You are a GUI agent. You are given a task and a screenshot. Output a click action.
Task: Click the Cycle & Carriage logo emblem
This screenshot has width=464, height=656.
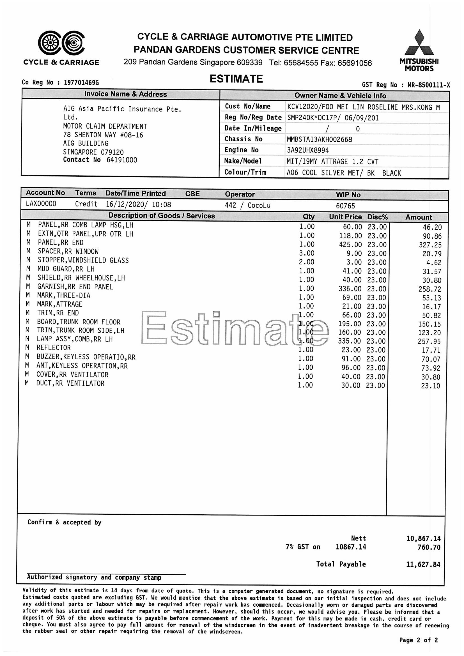click(61, 43)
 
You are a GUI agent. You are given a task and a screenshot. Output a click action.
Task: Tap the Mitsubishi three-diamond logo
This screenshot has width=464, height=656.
click(419, 43)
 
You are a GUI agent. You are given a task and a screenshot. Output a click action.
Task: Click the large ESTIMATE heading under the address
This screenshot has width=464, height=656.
click(236, 79)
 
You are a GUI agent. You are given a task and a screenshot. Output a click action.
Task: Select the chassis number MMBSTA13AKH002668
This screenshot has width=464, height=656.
click(319, 139)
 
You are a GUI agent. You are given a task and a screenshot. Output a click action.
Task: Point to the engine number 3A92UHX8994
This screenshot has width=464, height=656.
click(308, 150)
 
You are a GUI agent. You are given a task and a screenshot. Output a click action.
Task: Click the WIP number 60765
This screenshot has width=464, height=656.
click(345, 206)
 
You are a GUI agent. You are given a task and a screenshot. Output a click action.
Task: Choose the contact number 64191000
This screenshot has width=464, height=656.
click(122, 160)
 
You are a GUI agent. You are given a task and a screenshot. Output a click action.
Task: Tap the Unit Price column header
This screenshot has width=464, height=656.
click(345, 217)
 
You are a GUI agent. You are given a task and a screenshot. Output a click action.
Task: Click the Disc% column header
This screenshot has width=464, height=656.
click(377, 217)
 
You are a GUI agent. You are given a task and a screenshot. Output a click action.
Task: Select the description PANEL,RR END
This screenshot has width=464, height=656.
click(61, 243)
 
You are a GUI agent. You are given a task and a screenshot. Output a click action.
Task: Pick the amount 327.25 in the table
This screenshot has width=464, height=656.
click(430, 245)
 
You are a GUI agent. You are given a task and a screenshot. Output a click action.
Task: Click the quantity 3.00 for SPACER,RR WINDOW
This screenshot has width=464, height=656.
click(307, 253)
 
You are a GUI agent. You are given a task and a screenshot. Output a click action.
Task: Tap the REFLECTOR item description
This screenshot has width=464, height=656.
click(54, 348)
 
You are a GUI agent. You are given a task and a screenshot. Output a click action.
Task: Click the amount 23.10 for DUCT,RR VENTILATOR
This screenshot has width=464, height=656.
click(431, 386)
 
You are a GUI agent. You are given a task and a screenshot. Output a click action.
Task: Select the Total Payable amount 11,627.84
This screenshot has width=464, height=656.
click(423, 564)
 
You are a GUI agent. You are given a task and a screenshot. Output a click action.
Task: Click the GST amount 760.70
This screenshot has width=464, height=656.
click(429, 547)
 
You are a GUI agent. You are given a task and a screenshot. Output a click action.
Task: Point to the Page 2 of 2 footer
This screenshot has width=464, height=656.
click(418, 640)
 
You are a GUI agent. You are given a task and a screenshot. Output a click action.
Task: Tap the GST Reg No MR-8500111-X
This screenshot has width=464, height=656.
click(429, 85)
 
